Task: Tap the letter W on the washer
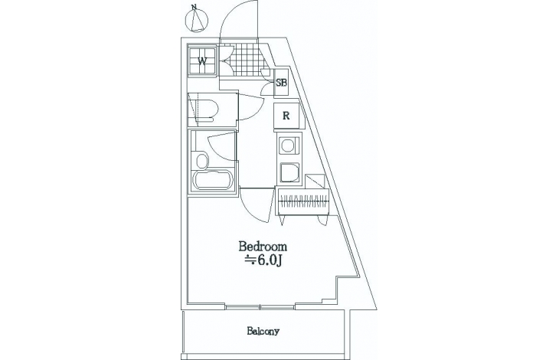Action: [202, 61]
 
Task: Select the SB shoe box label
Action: [282, 83]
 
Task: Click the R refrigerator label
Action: [286, 116]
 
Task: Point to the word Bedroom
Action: [263, 247]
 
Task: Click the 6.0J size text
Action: [263, 261]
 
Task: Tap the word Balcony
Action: [263, 331]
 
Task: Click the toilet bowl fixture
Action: [206, 110]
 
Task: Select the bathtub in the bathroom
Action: [213, 180]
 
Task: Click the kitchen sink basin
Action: [289, 173]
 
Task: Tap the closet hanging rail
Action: [303, 201]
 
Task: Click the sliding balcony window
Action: [260, 306]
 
